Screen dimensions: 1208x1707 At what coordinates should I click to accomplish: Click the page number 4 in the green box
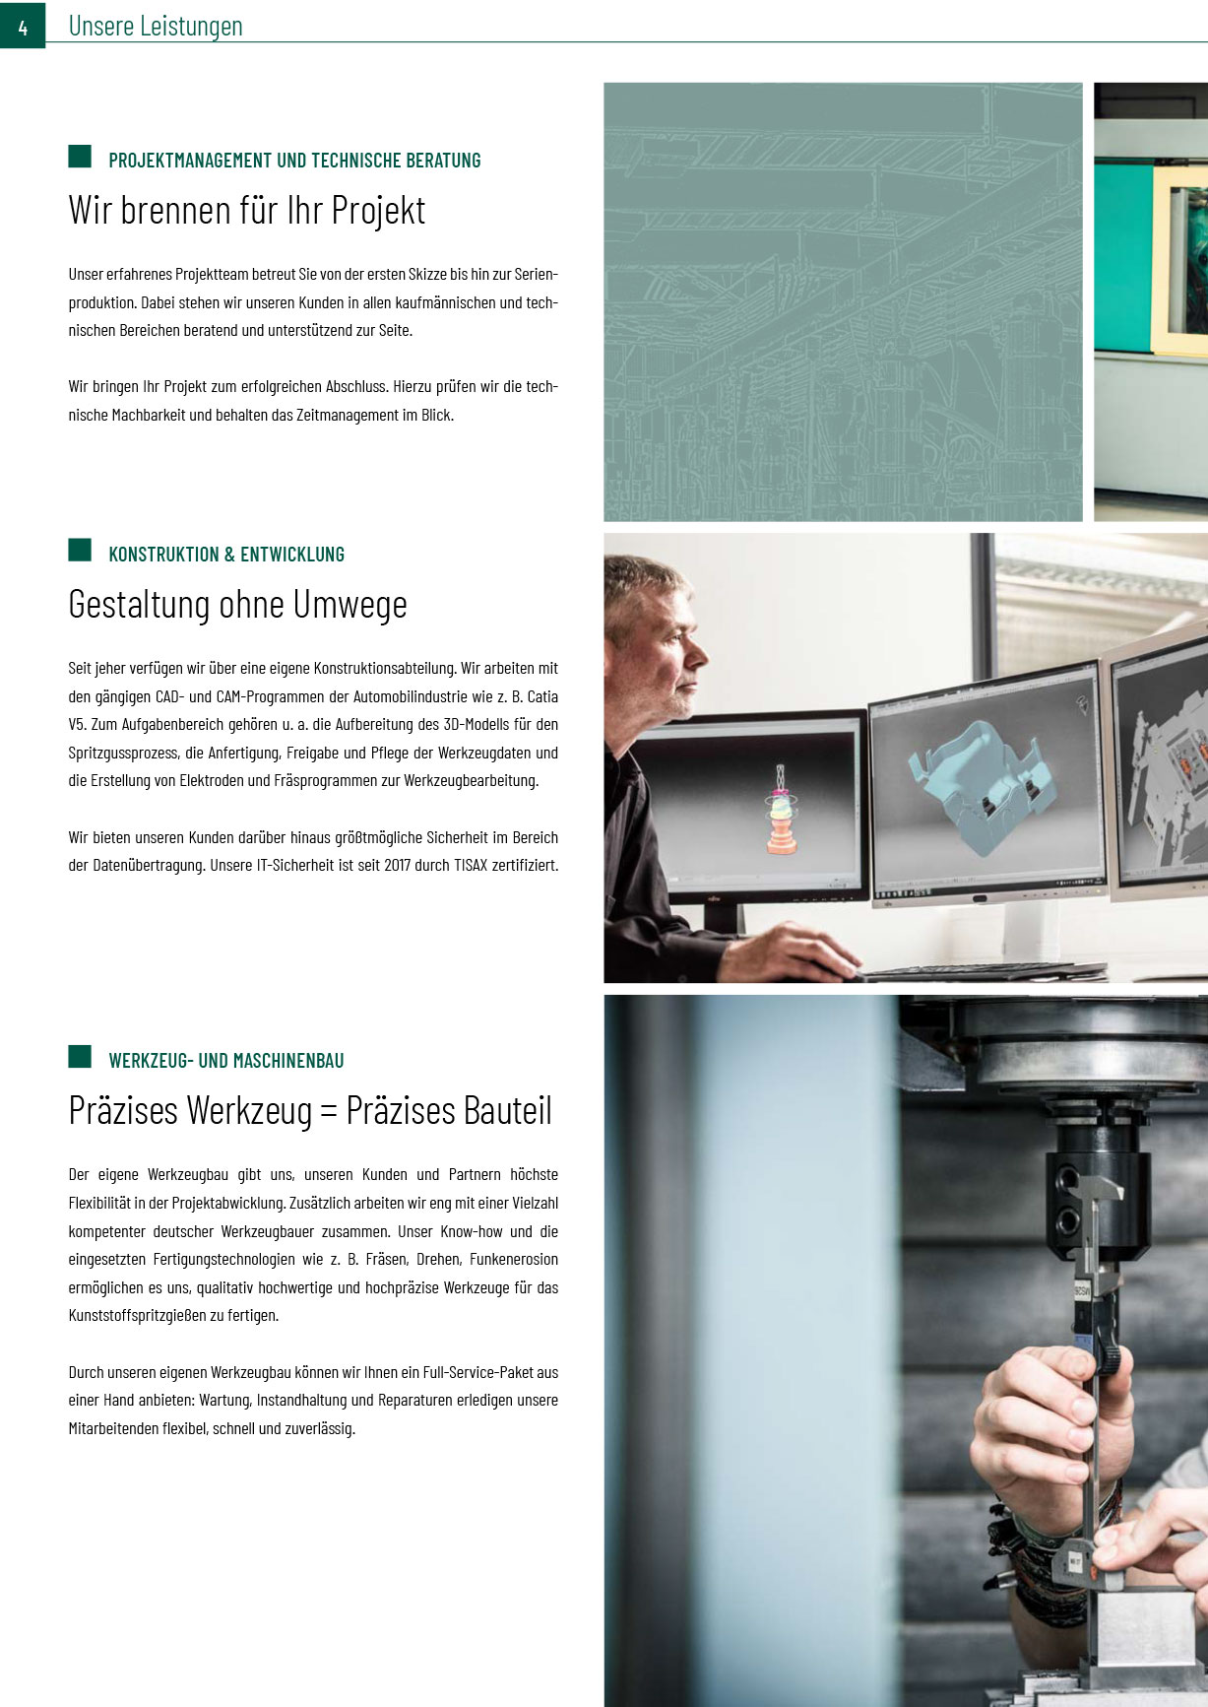coord(23,27)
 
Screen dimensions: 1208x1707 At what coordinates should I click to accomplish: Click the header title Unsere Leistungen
coord(156,27)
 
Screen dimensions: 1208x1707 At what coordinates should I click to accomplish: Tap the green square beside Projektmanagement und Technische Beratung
coord(80,156)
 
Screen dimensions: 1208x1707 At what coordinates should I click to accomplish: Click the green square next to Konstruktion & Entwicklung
coord(80,550)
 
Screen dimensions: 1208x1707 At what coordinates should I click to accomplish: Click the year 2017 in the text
coord(397,866)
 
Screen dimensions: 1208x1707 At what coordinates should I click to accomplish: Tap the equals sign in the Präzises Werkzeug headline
coord(329,1112)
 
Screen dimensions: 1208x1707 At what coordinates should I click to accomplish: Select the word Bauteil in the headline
coord(508,1111)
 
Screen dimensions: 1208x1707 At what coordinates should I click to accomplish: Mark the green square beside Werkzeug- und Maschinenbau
coord(80,1057)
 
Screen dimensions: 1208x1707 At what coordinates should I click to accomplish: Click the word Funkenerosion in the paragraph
coord(514,1260)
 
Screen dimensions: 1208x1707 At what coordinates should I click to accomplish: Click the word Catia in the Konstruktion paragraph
coord(542,696)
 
